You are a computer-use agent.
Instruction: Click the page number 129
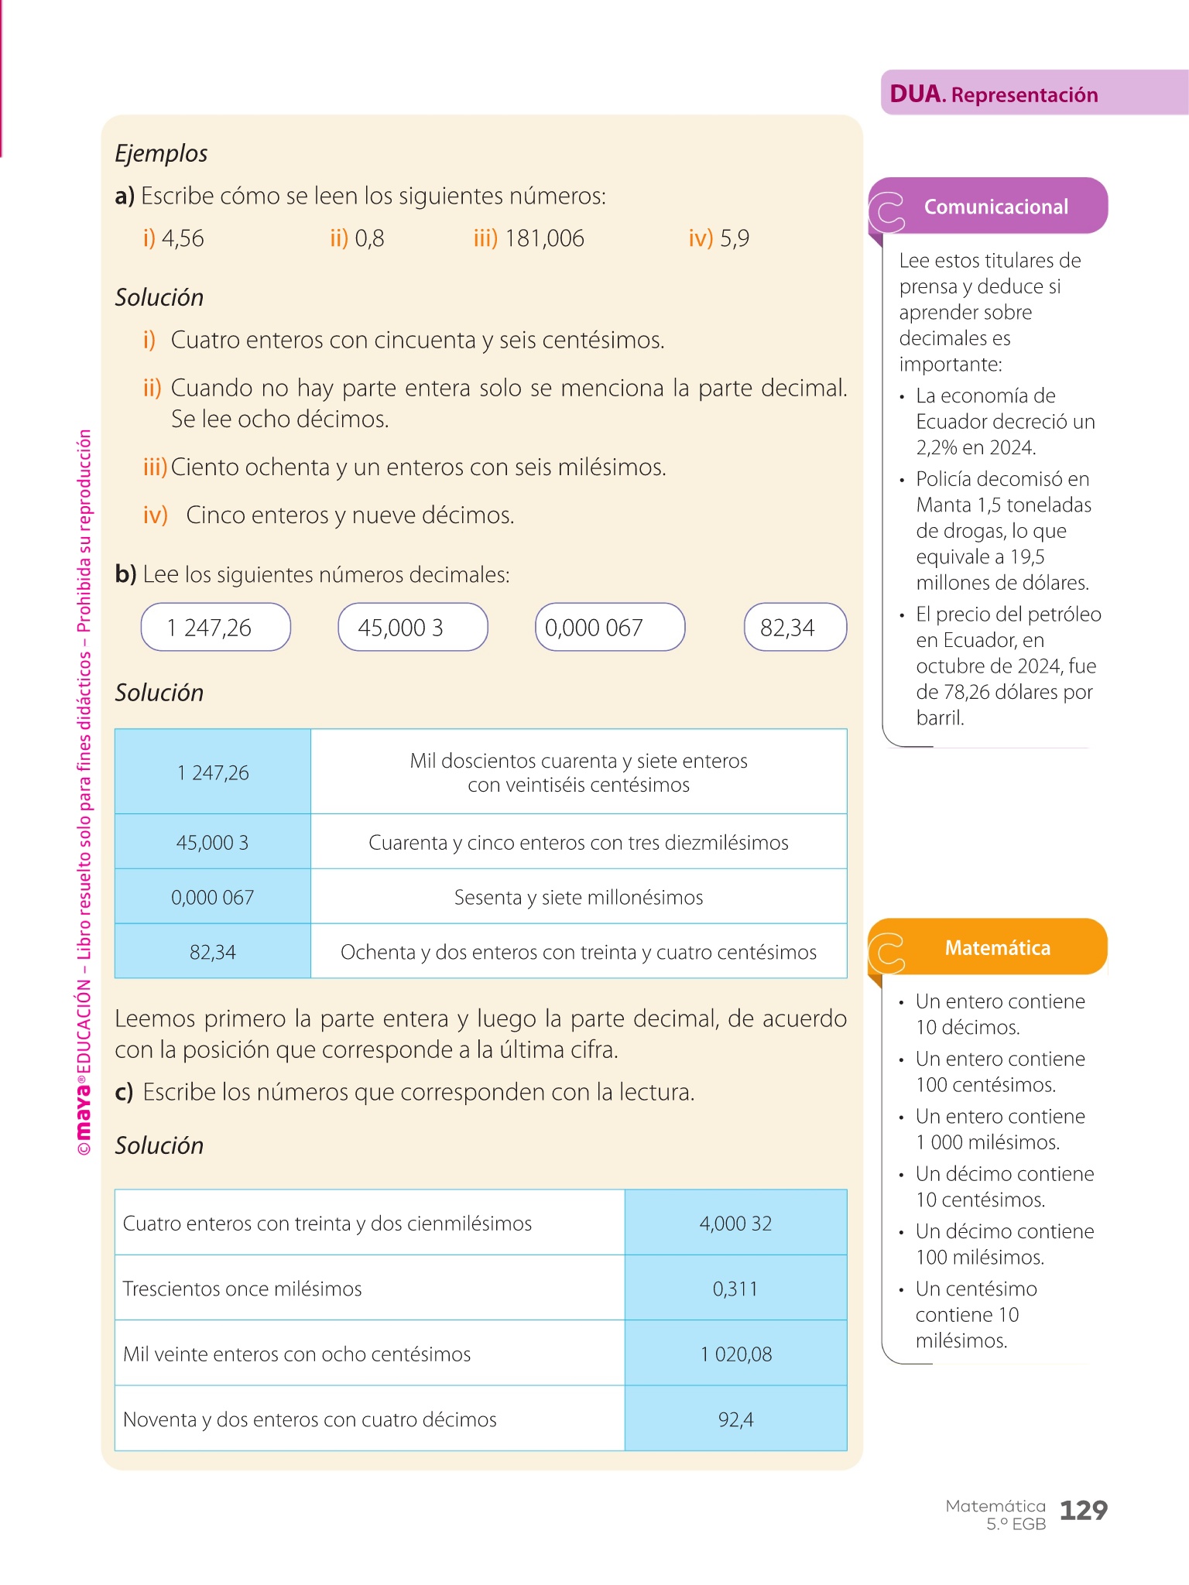(1083, 1510)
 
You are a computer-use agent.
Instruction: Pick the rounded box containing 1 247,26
(215, 628)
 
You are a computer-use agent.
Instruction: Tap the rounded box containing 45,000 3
(413, 628)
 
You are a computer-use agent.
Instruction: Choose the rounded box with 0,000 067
(610, 628)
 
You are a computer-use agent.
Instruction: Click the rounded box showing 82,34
(795, 628)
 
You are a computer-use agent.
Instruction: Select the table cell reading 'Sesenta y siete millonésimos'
(578, 897)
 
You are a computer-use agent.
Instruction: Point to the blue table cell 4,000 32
(735, 1223)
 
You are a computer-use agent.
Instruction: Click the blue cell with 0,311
(735, 1289)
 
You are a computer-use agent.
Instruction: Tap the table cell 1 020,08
(735, 1354)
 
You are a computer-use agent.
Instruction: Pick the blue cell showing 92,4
(735, 1419)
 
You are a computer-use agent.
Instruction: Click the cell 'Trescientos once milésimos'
(242, 1289)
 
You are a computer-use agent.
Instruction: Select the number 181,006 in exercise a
(544, 238)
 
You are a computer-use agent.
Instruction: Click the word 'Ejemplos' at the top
(161, 153)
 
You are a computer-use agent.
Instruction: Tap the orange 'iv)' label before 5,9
(700, 238)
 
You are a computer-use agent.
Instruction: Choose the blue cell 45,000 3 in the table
(212, 842)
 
